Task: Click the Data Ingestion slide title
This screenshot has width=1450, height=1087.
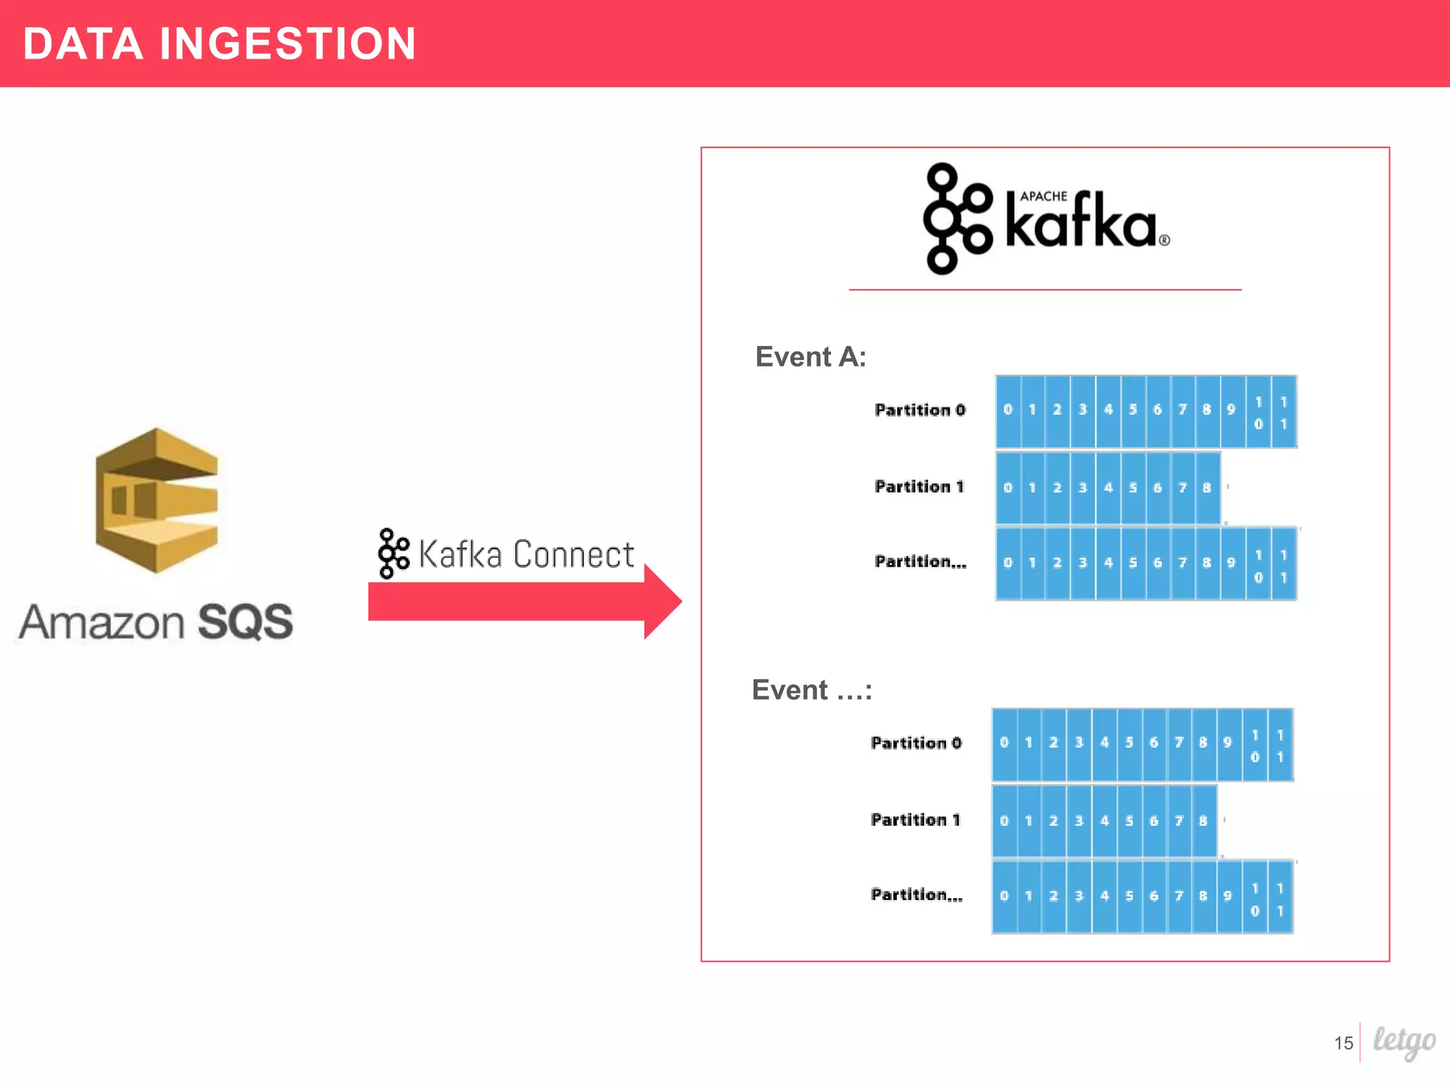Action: coord(219,44)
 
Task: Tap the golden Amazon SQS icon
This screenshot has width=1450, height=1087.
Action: coord(156,500)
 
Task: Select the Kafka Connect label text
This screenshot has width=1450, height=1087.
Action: coord(526,554)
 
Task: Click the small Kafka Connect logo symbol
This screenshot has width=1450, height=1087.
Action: coord(394,553)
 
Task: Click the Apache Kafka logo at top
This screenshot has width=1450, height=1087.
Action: coord(1046,219)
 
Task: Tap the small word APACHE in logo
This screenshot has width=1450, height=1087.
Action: coord(1044,196)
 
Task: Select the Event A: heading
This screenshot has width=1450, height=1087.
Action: coord(811,357)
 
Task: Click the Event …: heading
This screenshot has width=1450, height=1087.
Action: coord(811,690)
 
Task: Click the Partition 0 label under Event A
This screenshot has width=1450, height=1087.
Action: coord(920,410)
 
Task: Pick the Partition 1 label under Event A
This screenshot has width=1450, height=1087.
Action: coord(919,487)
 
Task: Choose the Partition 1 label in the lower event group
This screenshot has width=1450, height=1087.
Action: coord(915,820)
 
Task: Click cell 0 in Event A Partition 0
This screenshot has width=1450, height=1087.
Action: coord(1008,410)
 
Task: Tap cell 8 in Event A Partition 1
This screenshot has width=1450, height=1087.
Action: coord(1207,488)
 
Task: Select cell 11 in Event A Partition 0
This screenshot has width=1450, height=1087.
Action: coord(1284,412)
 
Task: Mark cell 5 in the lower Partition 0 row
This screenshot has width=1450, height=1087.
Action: coord(1129,743)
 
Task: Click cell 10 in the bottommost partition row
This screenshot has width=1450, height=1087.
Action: coord(1255,898)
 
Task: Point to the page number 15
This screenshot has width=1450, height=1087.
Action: coord(1343,1043)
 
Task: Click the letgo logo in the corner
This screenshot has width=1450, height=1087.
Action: coord(1404,1042)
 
